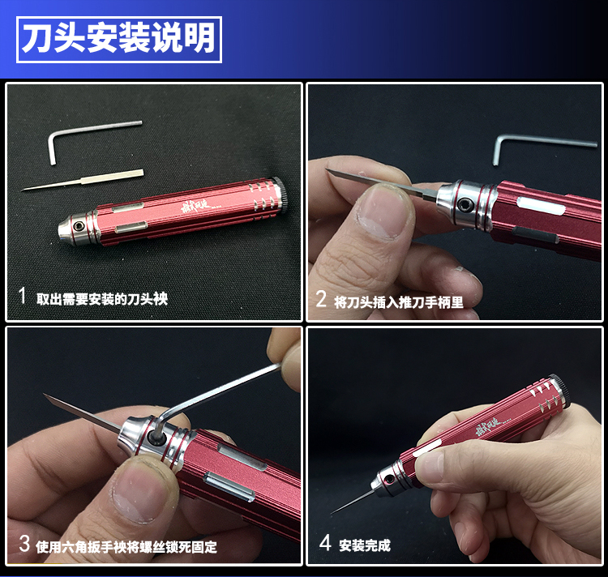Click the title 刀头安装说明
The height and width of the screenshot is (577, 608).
(118, 38)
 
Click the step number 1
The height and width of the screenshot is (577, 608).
(23, 296)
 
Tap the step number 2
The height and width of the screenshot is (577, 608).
(321, 299)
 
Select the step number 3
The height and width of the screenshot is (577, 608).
(24, 543)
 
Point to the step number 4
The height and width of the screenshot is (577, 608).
(325, 542)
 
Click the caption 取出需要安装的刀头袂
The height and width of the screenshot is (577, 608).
(102, 299)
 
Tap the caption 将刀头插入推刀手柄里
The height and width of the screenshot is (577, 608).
(399, 301)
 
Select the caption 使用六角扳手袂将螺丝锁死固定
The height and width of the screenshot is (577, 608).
(126, 547)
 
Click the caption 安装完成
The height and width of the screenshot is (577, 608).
(365, 545)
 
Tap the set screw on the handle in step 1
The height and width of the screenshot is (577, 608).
(80, 227)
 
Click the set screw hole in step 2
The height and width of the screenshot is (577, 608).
(463, 204)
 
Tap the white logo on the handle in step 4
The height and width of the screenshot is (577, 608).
(490, 426)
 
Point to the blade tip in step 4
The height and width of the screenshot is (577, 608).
(331, 514)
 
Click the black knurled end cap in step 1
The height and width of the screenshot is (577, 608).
(282, 194)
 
